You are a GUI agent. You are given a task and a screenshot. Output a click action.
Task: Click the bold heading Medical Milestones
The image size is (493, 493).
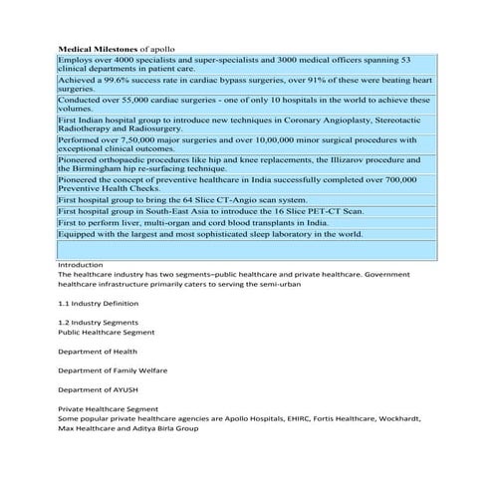pos(99,47)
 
